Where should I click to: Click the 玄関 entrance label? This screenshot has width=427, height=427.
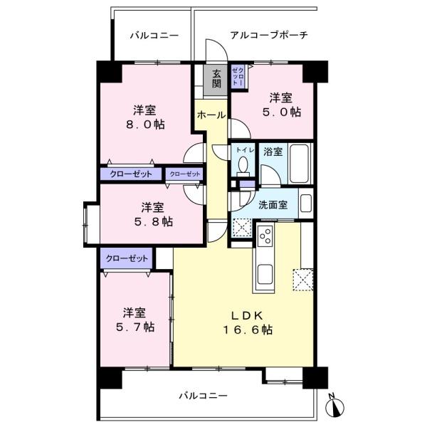pyautogui.click(x=216, y=79)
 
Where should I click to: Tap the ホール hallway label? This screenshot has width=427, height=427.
pyautogui.click(x=211, y=115)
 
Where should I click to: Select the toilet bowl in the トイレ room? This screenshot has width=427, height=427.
pyautogui.click(x=243, y=166)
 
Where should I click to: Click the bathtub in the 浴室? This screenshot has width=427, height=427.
pyautogui.click(x=300, y=164)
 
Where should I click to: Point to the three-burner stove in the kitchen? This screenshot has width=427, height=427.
pyautogui.click(x=265, y=236)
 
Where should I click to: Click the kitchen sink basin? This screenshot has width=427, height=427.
pyautogui.click(x=265, y=275)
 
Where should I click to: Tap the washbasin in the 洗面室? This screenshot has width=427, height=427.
pyautogui.click(x=306, y=203)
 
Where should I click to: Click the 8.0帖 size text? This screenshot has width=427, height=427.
pyautogui.click(x=145, y=125)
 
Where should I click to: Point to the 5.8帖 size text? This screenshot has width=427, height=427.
pyautogui.click(x=153, y=221)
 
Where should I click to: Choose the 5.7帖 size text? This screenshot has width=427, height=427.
pyautogui.click(x=135, y=327)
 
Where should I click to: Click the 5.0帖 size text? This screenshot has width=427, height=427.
pyautogui.click(x=282, y=112)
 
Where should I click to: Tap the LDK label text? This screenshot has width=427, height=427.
pyautogui.click(x=248, y=315)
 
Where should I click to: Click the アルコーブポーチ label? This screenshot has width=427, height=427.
pyautogui.click(x=269, y=35)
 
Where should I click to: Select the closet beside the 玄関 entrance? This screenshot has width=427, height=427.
pyautogui.click(x=238, y=75)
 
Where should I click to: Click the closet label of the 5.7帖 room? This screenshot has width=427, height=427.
pyautogui.click(x=127, y=258)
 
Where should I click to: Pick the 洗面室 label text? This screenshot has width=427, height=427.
pyautogui.click(x=273, y=205)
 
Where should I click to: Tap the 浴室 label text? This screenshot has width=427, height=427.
pyautogui.click(x=273, y=152)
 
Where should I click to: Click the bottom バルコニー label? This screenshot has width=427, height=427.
pyautogui.click(x=203, y=396)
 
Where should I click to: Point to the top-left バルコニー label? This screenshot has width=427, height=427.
pyautogui.click(x=154, y=36)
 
